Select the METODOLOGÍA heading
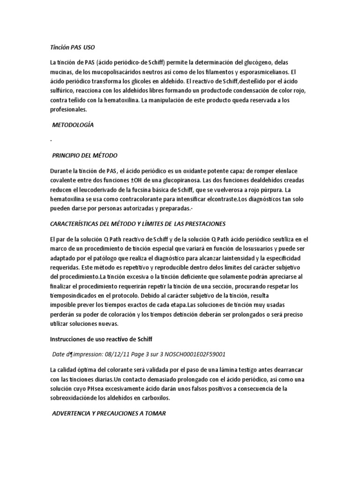[x=73, y=125]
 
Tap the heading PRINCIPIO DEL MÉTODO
[x=84, y=155]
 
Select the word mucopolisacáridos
[x=108, y=72]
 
